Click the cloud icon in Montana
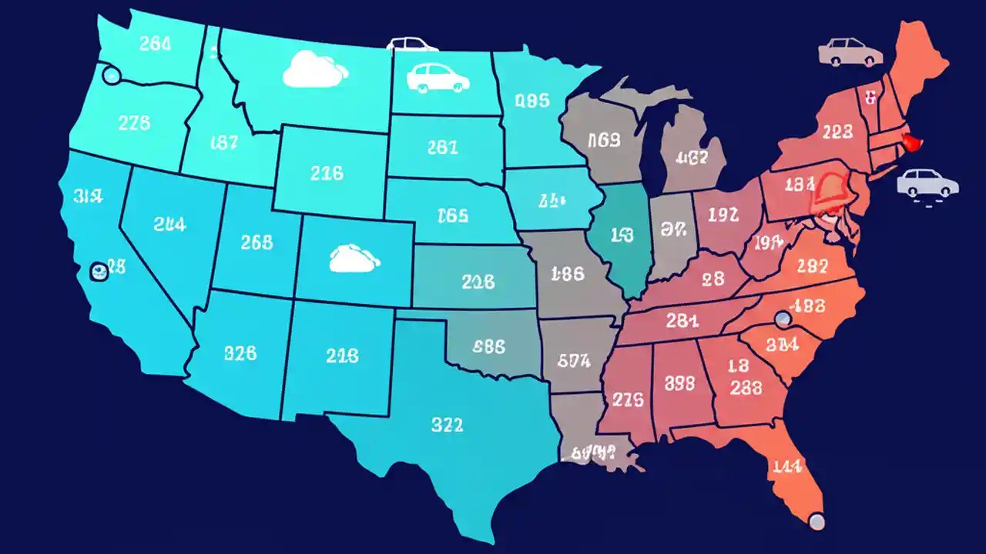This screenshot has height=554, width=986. (x=315, y=69)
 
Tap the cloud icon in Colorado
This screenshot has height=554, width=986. (x=355, y=259)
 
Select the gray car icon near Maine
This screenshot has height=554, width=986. (x=850, y=52)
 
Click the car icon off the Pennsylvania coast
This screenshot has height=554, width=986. (x=927, y=183)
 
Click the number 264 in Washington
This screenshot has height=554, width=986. (x=155, y=44)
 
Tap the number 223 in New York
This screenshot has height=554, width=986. (x=837, y=132)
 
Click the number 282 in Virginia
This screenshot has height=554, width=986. (x=812, y=266)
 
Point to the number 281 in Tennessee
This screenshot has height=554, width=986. (x=682, y=320)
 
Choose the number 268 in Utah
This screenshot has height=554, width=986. (x=257, y=242)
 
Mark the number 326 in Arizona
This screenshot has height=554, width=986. (x=240, y=354)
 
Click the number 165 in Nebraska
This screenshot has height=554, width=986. (x=452, y=215)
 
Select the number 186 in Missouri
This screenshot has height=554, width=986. (x=568, y=273)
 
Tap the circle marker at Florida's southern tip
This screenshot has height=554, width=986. (x=817, y=521)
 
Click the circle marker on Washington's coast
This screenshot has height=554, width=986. (x=112, y=75)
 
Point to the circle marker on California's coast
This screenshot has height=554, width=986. (x=99, y=270)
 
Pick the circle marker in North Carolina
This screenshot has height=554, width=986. (x=783, y=319)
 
